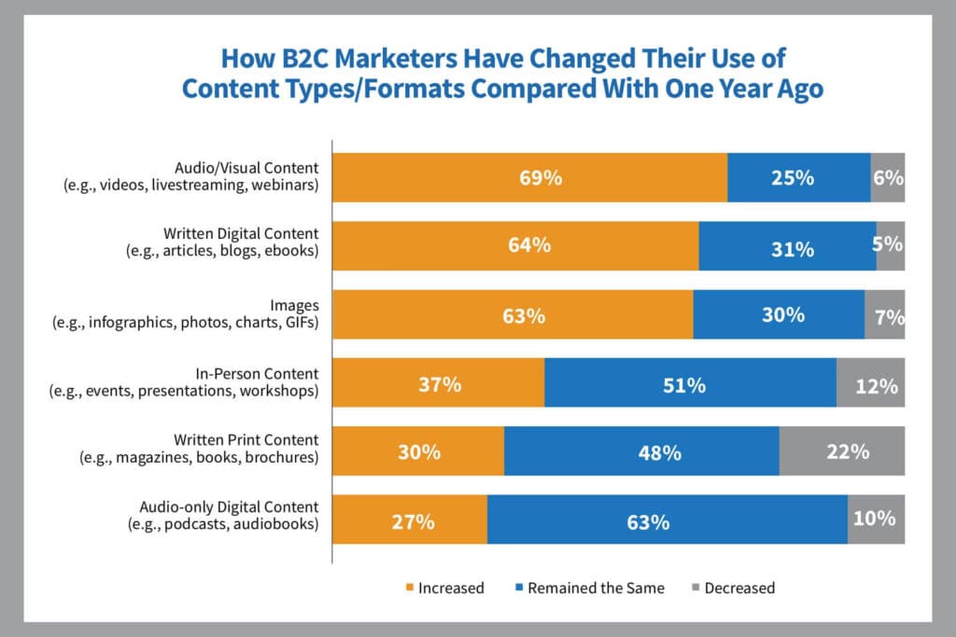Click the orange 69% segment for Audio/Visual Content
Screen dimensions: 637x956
(529, 177)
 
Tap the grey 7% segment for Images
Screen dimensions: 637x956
(885, 315)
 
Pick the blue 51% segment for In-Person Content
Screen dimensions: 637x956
(690, 383)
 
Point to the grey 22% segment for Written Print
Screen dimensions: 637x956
(842, 451)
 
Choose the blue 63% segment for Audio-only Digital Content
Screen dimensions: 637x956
(667, 519)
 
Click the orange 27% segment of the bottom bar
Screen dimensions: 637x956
(410, 519)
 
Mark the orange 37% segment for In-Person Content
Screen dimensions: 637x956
(439, 383)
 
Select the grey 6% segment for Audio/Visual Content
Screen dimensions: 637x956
(888, 177)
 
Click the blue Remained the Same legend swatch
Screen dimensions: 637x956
(518, 589)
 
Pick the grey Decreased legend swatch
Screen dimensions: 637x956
(696, 589)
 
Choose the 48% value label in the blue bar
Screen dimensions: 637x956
(659, 452)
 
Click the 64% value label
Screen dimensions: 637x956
(529, 246)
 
